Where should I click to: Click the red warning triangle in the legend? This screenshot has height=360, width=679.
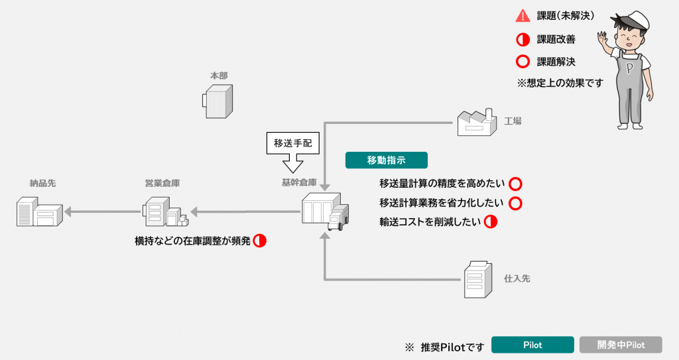click(x=523, y=16)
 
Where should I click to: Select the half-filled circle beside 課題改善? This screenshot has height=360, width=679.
click(x=523, y=39)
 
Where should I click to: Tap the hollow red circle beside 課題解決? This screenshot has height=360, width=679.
click(x=523, y=62)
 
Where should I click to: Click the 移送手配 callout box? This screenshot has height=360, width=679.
click(x=292, y=142)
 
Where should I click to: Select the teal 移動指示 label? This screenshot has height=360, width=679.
click(x=386, y=160)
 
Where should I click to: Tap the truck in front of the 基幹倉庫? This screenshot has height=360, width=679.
click(x=338, y=218)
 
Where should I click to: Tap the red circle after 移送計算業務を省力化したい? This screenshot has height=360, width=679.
click(x=515, y=203)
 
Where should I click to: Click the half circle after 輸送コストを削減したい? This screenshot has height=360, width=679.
click(x=491, y=222)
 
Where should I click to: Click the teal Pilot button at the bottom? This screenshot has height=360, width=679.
click(x=532, y=345)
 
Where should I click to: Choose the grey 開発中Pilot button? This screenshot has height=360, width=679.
click(x=621, y=345)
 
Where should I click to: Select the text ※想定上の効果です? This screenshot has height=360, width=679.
click(x=560, y=84)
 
